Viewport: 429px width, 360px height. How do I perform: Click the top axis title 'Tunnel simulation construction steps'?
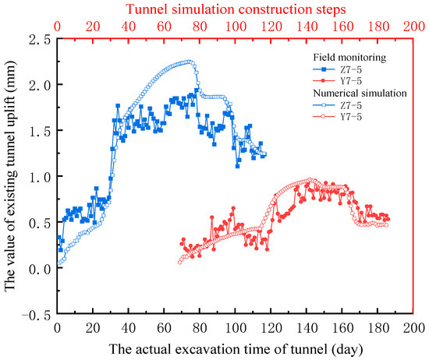(236, 9)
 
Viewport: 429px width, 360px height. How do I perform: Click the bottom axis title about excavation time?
(236, 349)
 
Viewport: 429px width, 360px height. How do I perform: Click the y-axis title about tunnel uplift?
(10, 176)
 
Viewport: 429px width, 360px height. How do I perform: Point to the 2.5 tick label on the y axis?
(40, 40)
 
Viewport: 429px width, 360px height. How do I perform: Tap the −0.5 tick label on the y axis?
(37, 315)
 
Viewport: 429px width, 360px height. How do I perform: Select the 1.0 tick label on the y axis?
(40, 178)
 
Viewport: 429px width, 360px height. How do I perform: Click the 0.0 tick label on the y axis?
(40, 270)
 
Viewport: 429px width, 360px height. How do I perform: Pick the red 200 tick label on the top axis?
(414, 26)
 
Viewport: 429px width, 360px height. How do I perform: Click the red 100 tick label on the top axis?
(236, 26)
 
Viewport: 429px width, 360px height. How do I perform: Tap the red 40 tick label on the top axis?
(129, 26)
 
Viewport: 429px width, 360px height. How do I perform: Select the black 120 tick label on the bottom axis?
(271, 328)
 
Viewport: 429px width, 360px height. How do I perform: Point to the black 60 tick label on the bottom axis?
(164, 328)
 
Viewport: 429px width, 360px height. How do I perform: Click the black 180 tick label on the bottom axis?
(378, 328)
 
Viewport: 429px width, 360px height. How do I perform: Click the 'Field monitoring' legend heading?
(349, 58)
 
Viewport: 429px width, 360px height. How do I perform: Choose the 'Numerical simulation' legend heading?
(360, 94)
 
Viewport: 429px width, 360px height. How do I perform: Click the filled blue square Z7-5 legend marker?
(324, 69)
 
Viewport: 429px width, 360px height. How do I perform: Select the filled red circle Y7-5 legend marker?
(324, 80)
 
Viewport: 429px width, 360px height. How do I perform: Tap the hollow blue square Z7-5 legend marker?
(324, 105)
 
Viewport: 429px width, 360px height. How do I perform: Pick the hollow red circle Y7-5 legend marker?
(324, 117)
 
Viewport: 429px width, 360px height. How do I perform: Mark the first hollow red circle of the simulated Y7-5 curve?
(180, 262)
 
